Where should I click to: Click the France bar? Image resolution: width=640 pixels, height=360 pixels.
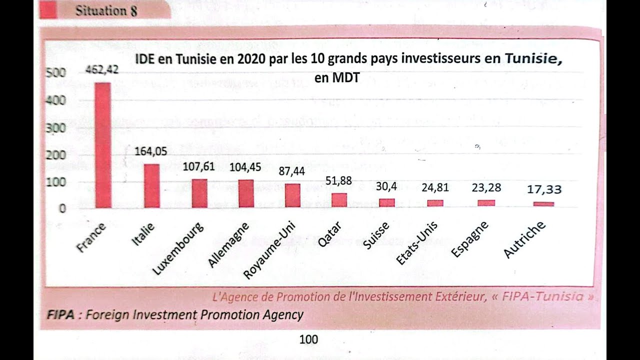pyautogui.click(x=103, y=145)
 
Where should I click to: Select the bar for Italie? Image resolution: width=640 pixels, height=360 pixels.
pyautogui.click(x=152, y=185)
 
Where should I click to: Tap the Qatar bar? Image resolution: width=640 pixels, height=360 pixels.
pyautogui.click(x=339, y=200)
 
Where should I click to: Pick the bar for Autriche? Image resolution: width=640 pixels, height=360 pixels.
pyautogui.click(x=543, y=204)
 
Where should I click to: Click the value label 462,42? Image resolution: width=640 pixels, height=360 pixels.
pyautogui.click(x=102, y=70)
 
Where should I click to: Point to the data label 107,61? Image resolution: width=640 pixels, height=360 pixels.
pyautogui.click(x=198, y=166)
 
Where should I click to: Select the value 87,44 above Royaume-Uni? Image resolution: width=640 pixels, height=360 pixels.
pyautogui.click(x=291, y=171)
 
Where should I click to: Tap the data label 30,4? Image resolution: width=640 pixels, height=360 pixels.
pyautogui.click(x=386, y=186)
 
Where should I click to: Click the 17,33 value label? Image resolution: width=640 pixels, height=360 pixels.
pyautogui.click(x=544, y=189)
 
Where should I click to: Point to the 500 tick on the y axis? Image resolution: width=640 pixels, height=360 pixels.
pyautogui.click(x=56, y=73)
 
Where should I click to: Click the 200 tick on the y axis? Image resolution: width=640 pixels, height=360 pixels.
pyautogui.click(x=56, y=155)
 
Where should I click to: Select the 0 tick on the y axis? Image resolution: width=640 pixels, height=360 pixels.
pyautogui.click(x=62, y=208)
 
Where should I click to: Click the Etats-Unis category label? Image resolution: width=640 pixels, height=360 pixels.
pyautogui.click(x=416, y=242)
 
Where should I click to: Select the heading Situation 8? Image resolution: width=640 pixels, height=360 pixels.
pyautogui.click(x=106, y=10)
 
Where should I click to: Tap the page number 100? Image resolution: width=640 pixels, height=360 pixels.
pyautogui.click(x=308, y=339)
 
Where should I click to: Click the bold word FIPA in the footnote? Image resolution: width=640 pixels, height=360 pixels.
pyautogui.click(x=60, y=315)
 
